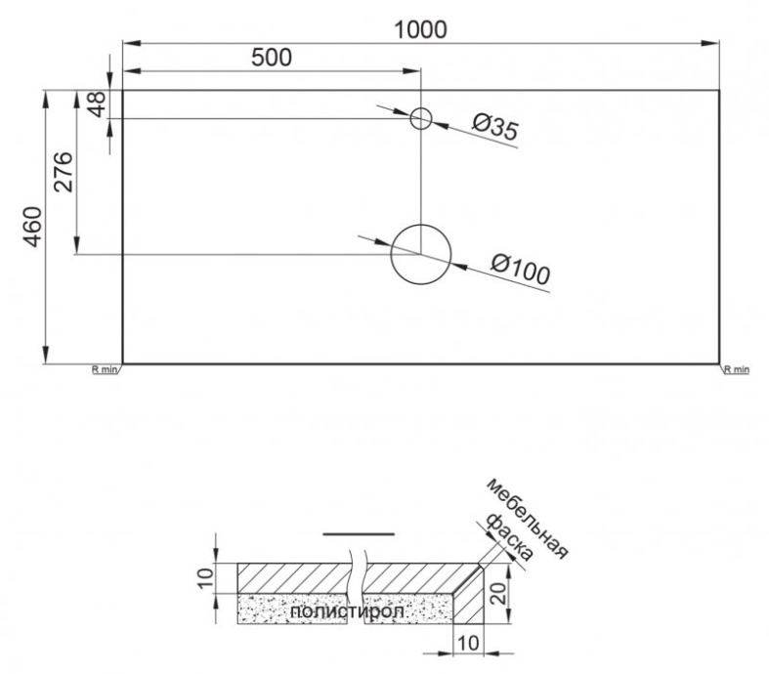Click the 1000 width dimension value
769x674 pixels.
[420, 29]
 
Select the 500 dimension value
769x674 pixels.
[272, 57]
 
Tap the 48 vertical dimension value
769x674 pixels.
[96, 104]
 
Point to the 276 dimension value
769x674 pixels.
[61, 173]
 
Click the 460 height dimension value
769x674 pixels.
[31, 227]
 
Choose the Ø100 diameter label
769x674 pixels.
[521, 269]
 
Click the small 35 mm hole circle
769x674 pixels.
[420, 119]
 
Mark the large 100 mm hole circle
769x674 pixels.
[420, 254]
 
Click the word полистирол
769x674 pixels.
[331, 611]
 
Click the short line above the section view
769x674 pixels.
[358, 534]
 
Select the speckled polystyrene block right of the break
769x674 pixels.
[409, 610]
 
